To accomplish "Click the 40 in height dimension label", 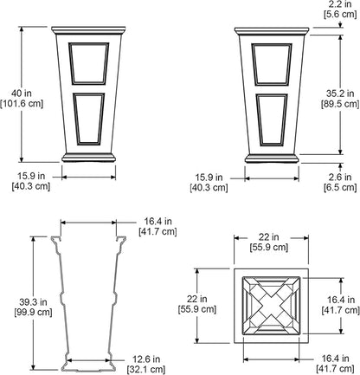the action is coord(22,93).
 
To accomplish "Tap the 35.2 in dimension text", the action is coord(340,94).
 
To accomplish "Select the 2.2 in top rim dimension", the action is coord(340,4).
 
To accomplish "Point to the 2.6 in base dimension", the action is coord(340,177).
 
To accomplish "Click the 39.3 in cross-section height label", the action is coord(33,302).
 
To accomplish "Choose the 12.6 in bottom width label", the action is coord(146,359).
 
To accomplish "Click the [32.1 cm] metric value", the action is coord(146,370).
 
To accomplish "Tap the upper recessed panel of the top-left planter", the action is coord(88,63).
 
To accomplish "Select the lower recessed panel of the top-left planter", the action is coord(88,119).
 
